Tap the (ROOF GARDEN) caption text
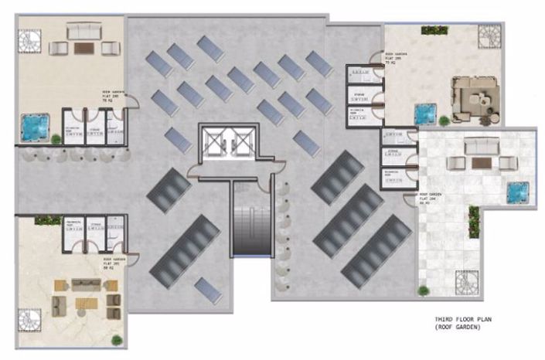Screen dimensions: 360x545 click(458, 327)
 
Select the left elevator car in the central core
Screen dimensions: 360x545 click(215, 143)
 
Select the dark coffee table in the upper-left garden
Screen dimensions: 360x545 click(83, 48)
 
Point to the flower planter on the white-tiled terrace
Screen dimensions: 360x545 click(474, 221)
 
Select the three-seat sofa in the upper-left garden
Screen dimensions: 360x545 click(83, 32)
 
